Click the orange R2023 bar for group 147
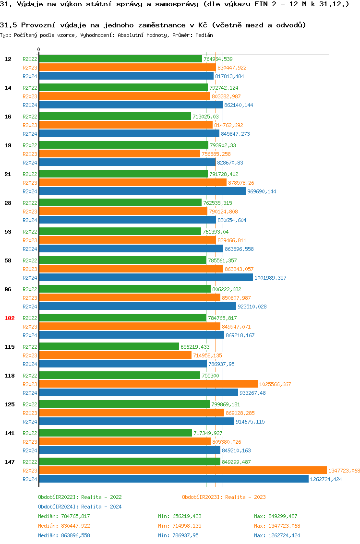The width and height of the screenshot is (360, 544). pos(182,471)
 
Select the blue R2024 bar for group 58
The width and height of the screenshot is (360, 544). pos(145,278)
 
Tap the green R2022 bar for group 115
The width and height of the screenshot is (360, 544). pos(108,347)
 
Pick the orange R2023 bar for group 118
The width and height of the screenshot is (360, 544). pos(148,384)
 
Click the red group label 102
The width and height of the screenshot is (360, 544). pos(10,318)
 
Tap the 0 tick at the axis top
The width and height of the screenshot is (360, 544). pos(39,49)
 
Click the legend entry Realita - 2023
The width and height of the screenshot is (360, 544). pos(224,497)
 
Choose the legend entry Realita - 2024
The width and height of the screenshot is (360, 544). pos(80,507)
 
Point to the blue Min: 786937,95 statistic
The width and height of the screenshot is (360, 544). pos(178,535)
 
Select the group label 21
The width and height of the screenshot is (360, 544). pos(8,174)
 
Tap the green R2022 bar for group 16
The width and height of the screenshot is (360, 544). pos(115,117)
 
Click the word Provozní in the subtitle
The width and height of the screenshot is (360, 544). pos(36,25)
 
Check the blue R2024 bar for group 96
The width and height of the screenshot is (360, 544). pos(137,307)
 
